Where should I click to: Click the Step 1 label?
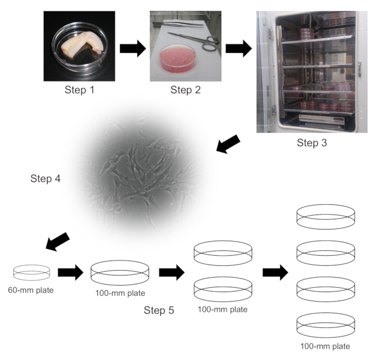point(79,89)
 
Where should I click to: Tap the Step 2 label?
point(185,89)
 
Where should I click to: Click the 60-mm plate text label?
point(31,291)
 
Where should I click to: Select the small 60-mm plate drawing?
point(32,272)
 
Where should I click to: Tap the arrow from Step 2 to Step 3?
point(239,49)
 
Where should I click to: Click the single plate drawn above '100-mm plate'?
point(120,272)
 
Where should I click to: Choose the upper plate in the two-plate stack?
point(223,253)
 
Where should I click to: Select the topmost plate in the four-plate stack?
point(325,215)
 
